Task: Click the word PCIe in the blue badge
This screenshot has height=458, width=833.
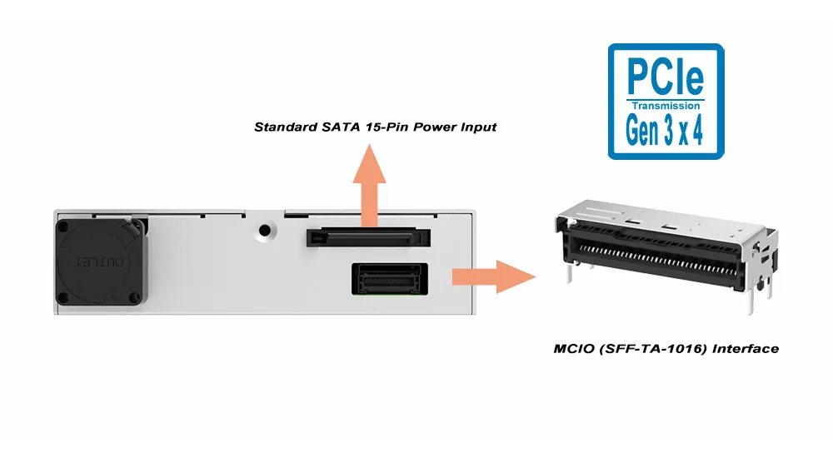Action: point(666,77)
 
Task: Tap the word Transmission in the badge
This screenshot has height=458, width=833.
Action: point(666,107)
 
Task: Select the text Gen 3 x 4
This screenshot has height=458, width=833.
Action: point(666,132)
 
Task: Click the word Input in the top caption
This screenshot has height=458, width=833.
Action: point(476,127)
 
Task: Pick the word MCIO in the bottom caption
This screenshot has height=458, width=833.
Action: point(576,348)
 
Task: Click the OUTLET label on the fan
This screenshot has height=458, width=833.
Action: point(99,261)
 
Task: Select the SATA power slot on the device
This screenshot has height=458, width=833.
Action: point(368,238)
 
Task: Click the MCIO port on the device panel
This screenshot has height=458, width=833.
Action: point(389,277)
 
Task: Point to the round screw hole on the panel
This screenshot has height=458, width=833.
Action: point(266,231)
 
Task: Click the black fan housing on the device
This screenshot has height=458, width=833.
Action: point(98,261)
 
